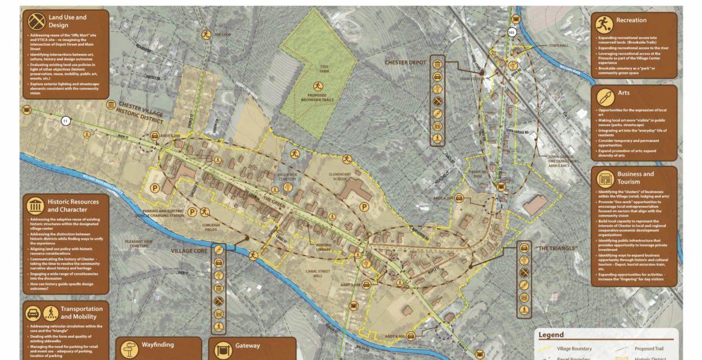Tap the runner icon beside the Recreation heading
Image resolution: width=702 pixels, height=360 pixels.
pos(604,25)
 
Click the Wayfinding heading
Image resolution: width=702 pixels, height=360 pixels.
pos(158,345)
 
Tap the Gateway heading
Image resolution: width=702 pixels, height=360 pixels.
pos(247,345)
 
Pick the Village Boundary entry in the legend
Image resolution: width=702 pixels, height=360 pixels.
pos(574,349)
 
